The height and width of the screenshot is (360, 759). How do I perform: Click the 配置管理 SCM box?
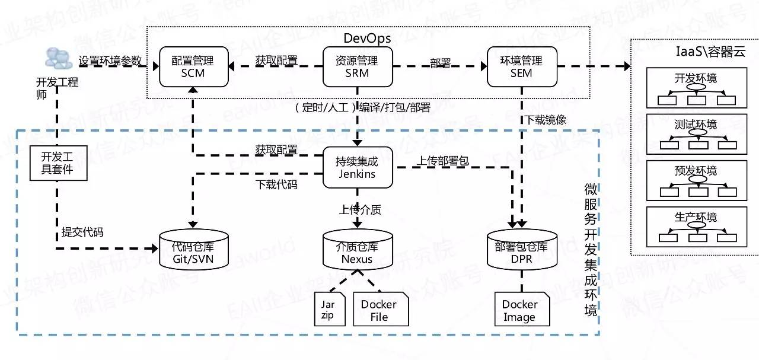coord(194,67)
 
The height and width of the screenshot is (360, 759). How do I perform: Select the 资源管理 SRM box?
coord(358,67)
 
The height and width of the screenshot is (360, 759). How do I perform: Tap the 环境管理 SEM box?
coord(522,67)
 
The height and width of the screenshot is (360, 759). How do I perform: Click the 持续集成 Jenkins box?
coord(358,167)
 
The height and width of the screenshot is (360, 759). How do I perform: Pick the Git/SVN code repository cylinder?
coord(194,250)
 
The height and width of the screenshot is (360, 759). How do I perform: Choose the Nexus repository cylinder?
coord(358,250)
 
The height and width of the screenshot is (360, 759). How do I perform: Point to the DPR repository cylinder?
coord(522,250)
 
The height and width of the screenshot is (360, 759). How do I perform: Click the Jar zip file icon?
coord(330,309)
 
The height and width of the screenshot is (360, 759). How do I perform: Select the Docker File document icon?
coord(381,309)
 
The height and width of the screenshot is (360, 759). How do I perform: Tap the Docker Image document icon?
coord(522,309)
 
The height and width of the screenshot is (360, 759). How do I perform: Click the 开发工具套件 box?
coord(58,163)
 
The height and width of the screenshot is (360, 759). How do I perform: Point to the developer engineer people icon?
coord(59,58)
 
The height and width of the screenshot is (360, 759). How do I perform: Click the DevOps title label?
coord(367,39)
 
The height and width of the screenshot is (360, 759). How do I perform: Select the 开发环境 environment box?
coord(697,88)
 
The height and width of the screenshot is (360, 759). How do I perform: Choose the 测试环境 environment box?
coord(697,134)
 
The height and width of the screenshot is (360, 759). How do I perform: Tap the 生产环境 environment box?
coord(697,227)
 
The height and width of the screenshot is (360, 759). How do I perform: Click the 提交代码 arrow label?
coord(82,232)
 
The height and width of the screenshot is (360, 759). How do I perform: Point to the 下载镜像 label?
coord(546,120)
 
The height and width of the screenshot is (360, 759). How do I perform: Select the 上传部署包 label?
coord(443,161)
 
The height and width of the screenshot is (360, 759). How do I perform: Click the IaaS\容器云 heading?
coord(710,52)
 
